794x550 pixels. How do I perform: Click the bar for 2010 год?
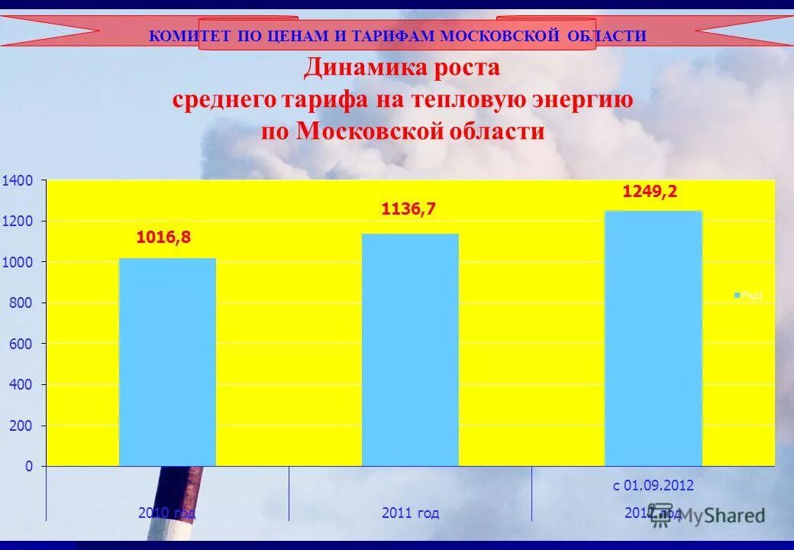point(167,362)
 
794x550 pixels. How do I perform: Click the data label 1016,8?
point(163,238)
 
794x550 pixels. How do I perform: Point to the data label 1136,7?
point(408,209)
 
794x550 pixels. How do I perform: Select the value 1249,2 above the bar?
point(650,192)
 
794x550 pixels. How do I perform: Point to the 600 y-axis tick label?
point(20,344)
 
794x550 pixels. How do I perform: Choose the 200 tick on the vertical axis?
point(20,425)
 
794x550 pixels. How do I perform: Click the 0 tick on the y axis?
point(29,466)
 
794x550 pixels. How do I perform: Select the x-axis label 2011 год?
point(410,513)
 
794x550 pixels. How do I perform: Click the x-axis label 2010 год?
point(166,513)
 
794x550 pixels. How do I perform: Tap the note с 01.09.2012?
point(653,485)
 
